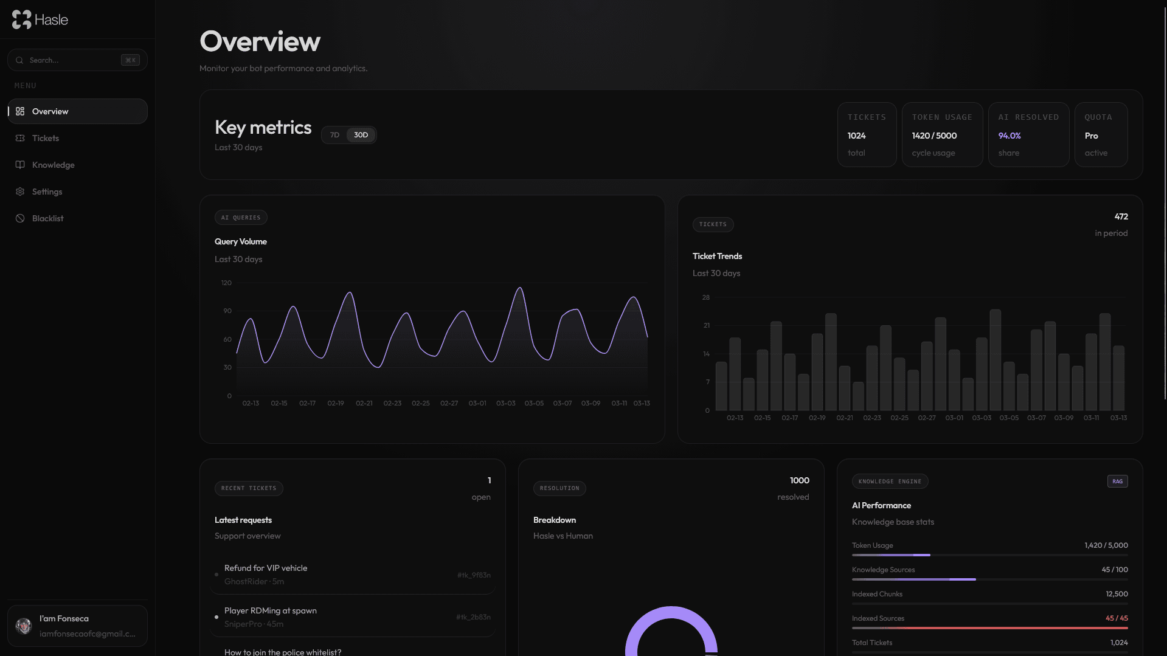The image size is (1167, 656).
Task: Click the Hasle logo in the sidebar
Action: pyautogui.click(x=40, y=19)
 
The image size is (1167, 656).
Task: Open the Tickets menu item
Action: pyautogui.click(x=46, y=139)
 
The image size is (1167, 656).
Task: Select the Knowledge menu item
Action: pyautogui.click(x=53, y=165)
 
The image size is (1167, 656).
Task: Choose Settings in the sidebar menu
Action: pyautogui.click(x=47, y=192)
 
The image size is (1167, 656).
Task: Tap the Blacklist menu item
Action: pyautogui.click(x=47, y=219)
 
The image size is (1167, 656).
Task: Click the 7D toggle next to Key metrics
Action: pyautogui.click(x=334, y=135)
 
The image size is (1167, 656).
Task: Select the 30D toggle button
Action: pyautogui.click(x=361, y=135)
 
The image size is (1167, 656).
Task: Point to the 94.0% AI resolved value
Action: pyautogui.click(x=1009, y=136)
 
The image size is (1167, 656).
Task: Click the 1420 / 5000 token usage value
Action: pyautogui.click(x=934, y=136)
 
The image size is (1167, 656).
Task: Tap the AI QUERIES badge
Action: pyautogui.click(x=241, y=218)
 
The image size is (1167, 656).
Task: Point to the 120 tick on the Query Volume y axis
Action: pyautogui.click(x=226, y=283)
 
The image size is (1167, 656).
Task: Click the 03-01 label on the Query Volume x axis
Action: pyautogui.click(x=477, y=404)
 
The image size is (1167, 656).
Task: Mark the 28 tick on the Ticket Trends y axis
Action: pyautogui.click(x=705, y=298)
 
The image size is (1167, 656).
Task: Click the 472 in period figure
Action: pyautogui.click(x=1121, y=217)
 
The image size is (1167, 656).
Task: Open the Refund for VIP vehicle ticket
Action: pyautogui.click(x=266, y=568)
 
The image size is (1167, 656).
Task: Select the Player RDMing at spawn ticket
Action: pyautogui.click(x=271, y=611)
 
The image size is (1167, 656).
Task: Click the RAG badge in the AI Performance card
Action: pyautogui.click(x=1117, y=482)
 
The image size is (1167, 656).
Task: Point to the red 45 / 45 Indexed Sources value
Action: pyautogui.click(x=1117, y=618)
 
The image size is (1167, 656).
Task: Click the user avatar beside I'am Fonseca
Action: pyautogui.click(x=24, y=626)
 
